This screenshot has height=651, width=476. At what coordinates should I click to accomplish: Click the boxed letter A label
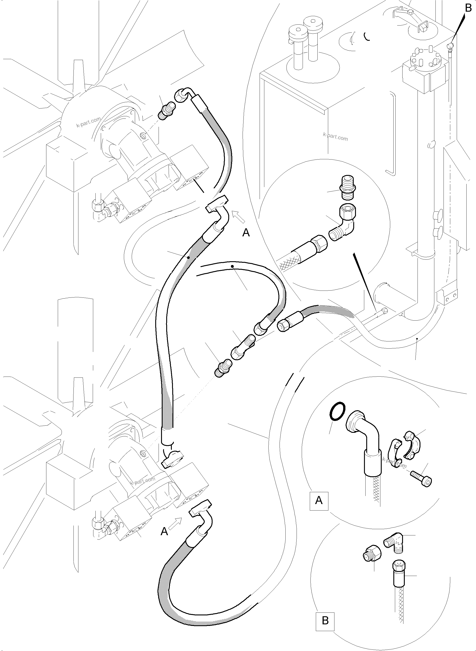tap(319, 500)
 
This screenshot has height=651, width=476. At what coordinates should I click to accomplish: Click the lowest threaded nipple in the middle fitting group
tap(222, 367)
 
